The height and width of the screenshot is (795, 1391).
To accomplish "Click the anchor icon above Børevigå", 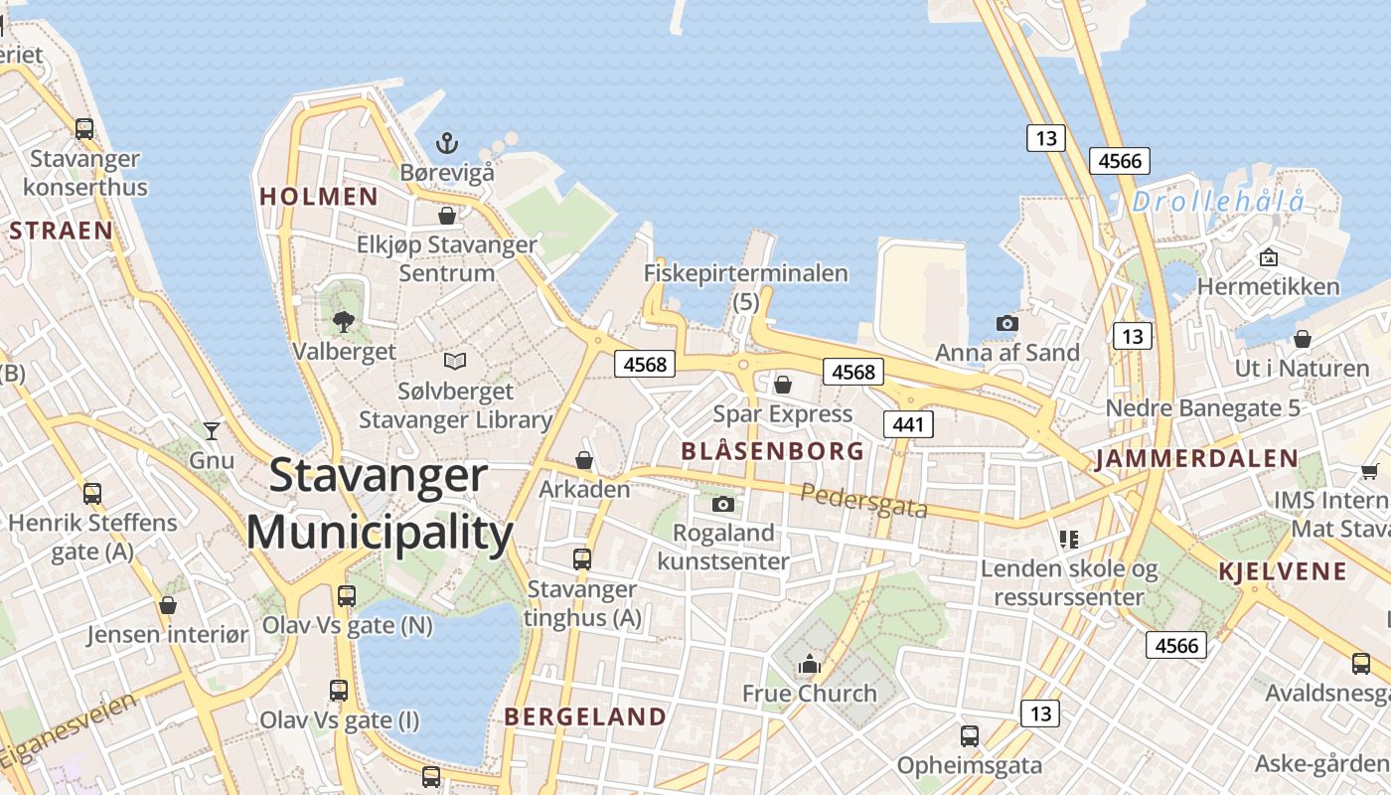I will (x=447, y=144).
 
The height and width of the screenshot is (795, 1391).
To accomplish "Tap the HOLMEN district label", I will (x=319, y=196).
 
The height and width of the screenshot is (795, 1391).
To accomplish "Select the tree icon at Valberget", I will (x=344, y=321).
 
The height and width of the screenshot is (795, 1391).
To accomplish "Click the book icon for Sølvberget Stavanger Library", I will (x=455, y=361).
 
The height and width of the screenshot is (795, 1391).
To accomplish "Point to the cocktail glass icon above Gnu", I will (x=212, y=430).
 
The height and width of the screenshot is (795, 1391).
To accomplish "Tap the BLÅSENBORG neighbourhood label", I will (x=772, y=451).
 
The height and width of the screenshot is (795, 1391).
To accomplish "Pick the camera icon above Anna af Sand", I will (x=1006, y=323).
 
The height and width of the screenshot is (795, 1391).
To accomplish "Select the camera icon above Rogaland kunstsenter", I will (x=723, y=504).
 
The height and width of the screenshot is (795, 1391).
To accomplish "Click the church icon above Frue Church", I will (x=810, y=663).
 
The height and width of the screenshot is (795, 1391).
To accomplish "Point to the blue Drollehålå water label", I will (x=1218, y=202).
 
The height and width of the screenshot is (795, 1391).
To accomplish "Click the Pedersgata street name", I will (x=863, y=501).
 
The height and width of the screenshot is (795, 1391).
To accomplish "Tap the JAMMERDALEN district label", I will (x=1196, y=459).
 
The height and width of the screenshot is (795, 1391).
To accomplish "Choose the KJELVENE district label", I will (x=1282, y=571).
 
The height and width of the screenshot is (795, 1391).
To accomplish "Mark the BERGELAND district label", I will (x=585, y=716).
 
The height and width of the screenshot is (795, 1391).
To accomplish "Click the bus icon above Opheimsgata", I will (x=970, y=736).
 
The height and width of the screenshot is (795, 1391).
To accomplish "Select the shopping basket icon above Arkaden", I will (x=584, y=460).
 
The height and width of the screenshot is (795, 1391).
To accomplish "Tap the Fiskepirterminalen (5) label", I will (x=745, y=286).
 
